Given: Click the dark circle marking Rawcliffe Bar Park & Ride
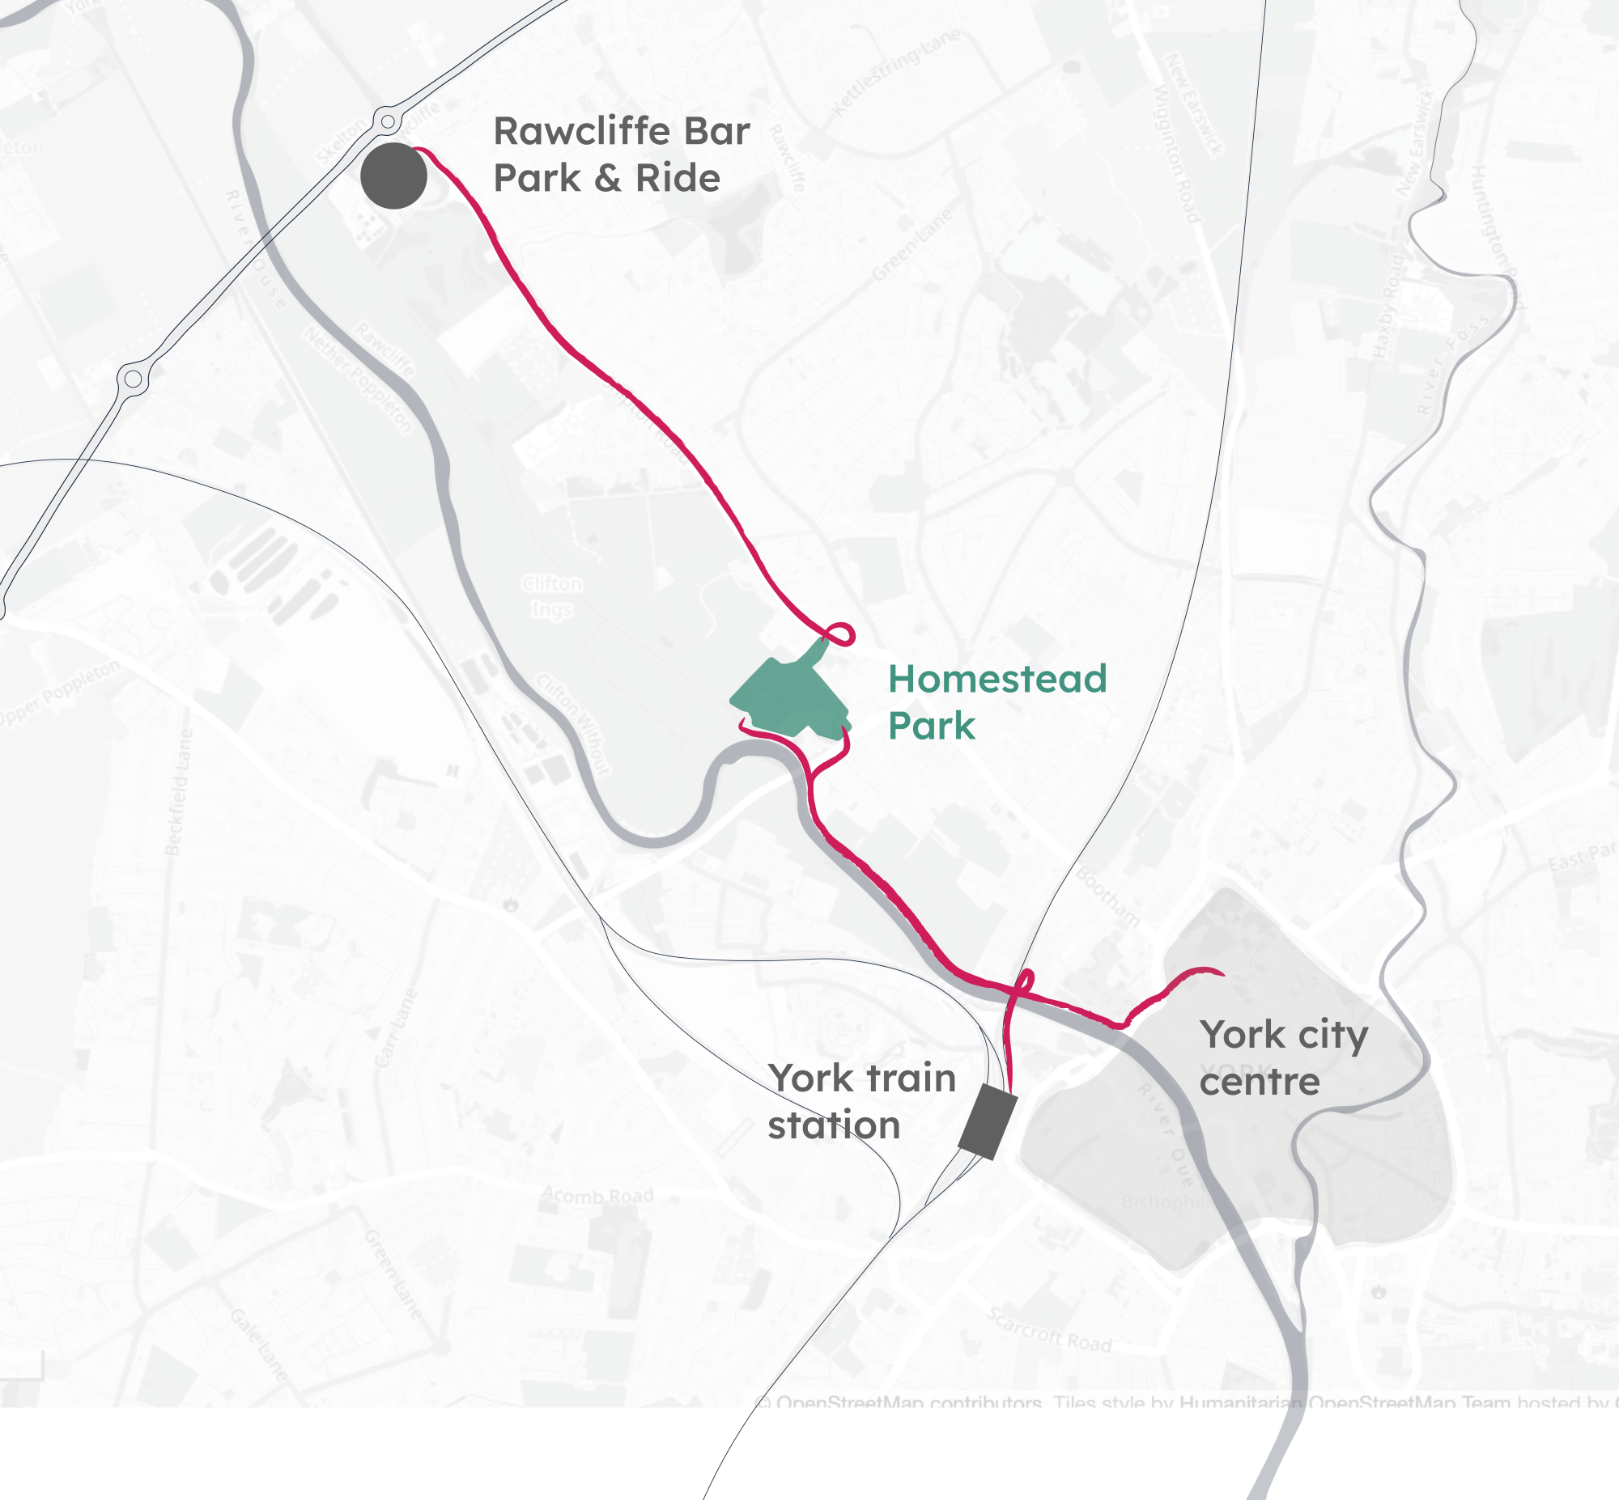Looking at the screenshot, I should coord(393,176).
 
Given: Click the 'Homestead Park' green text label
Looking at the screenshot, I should coord(996,702).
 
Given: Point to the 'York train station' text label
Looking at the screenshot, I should coord(861,1101).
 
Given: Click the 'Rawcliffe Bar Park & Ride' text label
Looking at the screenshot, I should coord(621,155).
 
